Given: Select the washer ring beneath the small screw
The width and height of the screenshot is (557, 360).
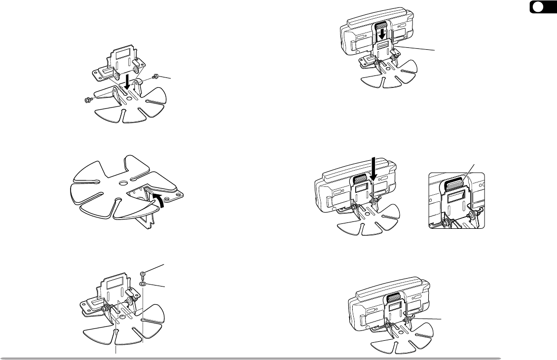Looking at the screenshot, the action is [142, 285].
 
